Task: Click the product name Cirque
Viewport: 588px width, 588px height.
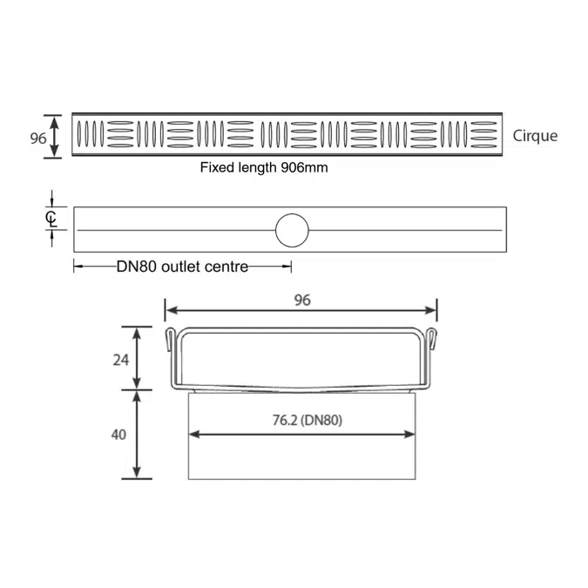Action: pos(535,136)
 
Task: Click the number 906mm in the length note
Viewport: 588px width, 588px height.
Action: pos(304,167)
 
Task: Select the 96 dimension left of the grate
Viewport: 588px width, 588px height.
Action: pos(37,139)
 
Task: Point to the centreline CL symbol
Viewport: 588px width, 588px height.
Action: pos(51,219)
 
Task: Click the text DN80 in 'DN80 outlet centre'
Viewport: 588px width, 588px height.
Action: pos(137,267)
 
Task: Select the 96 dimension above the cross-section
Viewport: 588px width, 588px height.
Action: pos(302,300)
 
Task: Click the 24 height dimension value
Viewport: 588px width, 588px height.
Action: pos(121,360)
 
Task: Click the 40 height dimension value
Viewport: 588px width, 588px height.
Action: pos(118,435)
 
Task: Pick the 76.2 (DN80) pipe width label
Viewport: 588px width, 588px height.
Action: pos(308,421)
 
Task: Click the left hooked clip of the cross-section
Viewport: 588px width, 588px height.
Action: pos(170,339)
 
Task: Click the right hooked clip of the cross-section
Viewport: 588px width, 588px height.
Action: pos(432,339)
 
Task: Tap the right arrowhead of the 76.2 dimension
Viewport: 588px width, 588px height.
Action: pos(409,435)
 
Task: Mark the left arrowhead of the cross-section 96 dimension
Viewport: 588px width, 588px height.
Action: pos(172,310)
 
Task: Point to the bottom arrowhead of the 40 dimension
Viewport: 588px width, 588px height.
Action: pos(137,472)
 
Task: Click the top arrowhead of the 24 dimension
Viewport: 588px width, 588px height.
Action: pos(137,334)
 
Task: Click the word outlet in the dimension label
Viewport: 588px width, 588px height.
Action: pos(180,267)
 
